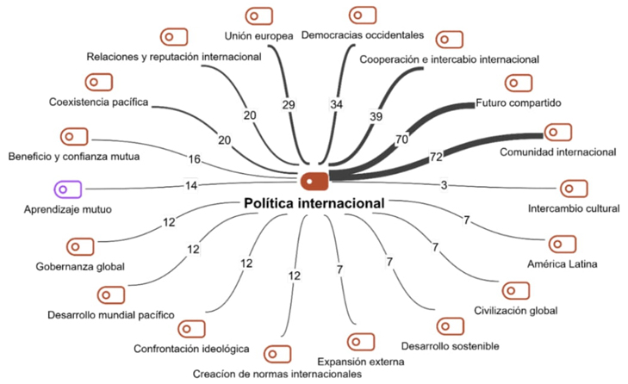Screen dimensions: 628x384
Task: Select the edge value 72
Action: (436, 158)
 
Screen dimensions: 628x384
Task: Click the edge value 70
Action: (401, 138)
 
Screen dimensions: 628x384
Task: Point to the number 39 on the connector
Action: (376, 116)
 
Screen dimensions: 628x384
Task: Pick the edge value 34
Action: (336, 104)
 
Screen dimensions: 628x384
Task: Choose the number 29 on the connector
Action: (289, 104)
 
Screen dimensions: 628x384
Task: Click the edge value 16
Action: (195, 158)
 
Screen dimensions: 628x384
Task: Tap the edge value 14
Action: (191, 185)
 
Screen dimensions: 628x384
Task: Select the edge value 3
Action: (444, 184)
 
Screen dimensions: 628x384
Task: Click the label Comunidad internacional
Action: (558, 152)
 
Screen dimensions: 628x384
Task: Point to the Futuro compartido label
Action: (519, 103)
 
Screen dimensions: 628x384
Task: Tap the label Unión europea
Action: (258, 36)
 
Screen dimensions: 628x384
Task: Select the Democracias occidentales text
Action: (363, 35)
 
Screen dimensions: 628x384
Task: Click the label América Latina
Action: (563, 263)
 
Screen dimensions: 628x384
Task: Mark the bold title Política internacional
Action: (314, 203)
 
